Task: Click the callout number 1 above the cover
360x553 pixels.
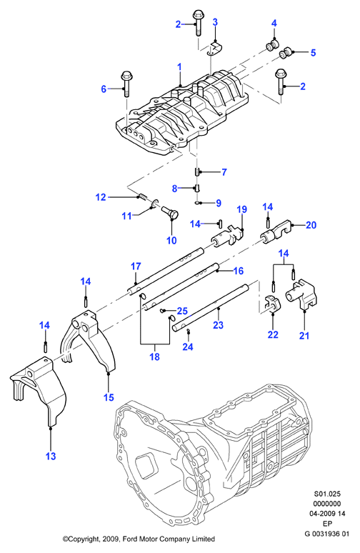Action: (x=179, y=66)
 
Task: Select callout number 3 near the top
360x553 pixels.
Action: (x=215, y=22)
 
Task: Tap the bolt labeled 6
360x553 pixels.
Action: (x=126, y=84)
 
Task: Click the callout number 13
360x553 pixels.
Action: (x=51, y=456)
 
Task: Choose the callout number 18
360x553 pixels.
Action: (x=154, y=357)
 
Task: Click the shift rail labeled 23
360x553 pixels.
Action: (x=211, y=307)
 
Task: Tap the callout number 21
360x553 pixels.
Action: (x=304, y=335)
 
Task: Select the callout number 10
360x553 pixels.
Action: (x=171, y=240)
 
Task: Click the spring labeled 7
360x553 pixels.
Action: (x=197, y=171)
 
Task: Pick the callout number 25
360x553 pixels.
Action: (x=182, y=311)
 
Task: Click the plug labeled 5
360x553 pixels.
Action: (x=284, y=54)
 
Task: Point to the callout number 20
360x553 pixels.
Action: (x=311, y=224)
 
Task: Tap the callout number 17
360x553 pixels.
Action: (x=136, y=266)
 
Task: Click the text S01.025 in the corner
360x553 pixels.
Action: (x=327, y=494)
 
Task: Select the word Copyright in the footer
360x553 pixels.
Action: (x=83, y=539)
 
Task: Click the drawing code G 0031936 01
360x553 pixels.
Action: (x=327, y=534)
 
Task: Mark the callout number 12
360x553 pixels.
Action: (x=101, y=196)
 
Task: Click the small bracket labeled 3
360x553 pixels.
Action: (x=215, y=49)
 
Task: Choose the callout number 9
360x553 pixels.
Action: (x=219, y=203)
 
